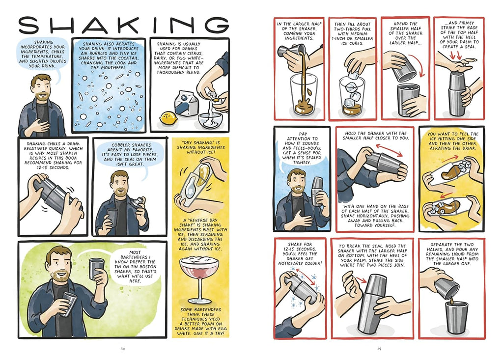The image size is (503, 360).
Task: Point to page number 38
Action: point(122,349)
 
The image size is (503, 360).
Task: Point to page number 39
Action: point(379,349)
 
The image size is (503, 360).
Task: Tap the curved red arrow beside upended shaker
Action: point(419,65)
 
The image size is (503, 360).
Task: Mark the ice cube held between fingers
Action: point(354,75)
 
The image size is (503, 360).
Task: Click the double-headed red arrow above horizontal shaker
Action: point(389,150)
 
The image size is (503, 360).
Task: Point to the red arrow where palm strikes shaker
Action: point(361,280)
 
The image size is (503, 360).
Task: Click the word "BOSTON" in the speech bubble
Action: point(147,267)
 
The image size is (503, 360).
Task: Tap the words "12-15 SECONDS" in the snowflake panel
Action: point(300,249)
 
